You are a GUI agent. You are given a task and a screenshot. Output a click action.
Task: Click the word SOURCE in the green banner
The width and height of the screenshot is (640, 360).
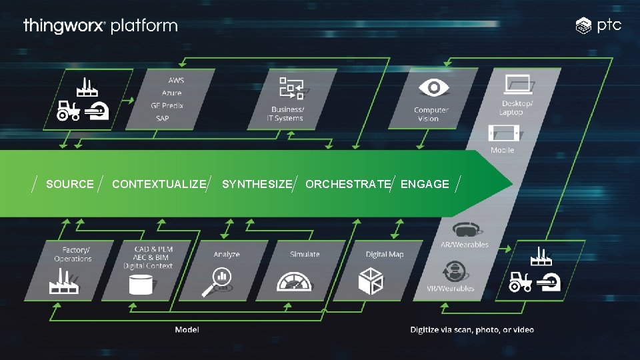tap(70, 184)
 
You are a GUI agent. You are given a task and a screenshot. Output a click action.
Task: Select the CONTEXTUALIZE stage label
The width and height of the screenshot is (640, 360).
tap(159, 184)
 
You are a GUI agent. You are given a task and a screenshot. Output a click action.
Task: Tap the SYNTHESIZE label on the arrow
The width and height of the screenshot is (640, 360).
tap(257, 184)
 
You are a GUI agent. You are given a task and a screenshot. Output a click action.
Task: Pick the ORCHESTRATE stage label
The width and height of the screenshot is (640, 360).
tap(348, 184)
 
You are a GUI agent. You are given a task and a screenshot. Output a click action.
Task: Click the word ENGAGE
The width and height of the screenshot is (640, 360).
tap(425, 184)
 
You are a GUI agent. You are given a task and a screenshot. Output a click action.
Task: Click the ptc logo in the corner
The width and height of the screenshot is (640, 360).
tap(599, 25)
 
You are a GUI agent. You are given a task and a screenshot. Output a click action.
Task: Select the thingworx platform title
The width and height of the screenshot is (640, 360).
tap(100, 26)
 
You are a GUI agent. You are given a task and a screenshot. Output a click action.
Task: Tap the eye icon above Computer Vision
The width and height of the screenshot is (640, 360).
tap(431, 88)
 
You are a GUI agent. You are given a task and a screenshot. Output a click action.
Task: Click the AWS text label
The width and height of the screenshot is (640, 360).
tap(176, 80)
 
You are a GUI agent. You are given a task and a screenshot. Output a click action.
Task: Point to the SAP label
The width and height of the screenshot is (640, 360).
tap(162, 118)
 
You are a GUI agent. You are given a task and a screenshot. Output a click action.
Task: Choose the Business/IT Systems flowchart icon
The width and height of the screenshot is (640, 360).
tap(291, 89)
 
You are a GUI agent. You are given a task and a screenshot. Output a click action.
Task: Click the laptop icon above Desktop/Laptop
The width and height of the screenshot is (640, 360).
tap(519, 85)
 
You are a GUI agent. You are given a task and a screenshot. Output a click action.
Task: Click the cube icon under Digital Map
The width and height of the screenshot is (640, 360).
tap(371, 280)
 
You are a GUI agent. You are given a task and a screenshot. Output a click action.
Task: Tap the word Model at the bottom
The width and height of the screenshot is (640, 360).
tap(187, 329)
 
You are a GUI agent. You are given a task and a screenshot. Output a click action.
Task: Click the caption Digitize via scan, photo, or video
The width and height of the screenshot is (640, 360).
tap(472, 329)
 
